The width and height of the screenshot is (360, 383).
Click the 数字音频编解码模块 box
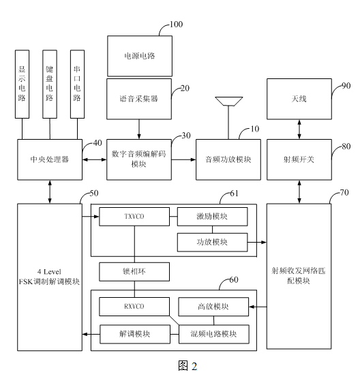tap(140, 159)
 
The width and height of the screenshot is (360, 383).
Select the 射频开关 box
tap(298, 159)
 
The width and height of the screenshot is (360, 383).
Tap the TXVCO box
tap(134, 217)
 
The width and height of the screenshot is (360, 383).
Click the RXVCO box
tap(134, 307)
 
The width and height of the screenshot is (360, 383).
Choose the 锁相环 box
tap(134, 272)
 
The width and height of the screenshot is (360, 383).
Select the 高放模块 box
tap(213, 307)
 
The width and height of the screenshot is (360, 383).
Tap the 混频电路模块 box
tap(213, 333)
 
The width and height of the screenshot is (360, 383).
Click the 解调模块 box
tap(134, 333)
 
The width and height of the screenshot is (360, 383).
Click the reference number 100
tap(177, 25)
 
